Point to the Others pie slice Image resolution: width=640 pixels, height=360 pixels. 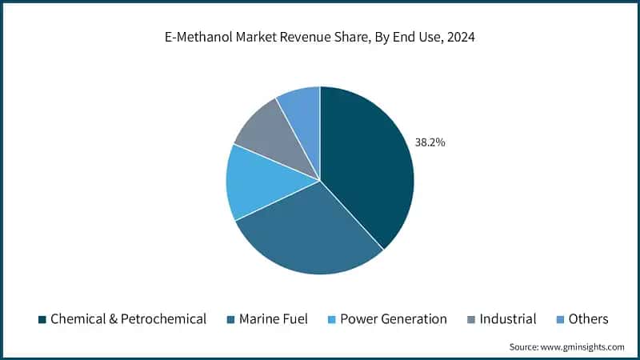pyautogui.click(x=302, y=112)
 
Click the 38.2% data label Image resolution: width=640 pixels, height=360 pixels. pyautogui.click(x=430, y=142)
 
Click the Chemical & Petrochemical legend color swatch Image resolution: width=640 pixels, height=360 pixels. pyautogui.click(x=42, y=319)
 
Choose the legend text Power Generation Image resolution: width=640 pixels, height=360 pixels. pyautogui.click(x=394, y=319)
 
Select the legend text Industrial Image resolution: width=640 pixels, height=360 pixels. pyautogui.click(x=508, y=319)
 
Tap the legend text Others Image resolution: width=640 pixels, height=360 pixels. pyautogui.click(x=589, y=319)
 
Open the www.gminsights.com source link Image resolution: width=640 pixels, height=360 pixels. pyautogui.click(x=582, y=346)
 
